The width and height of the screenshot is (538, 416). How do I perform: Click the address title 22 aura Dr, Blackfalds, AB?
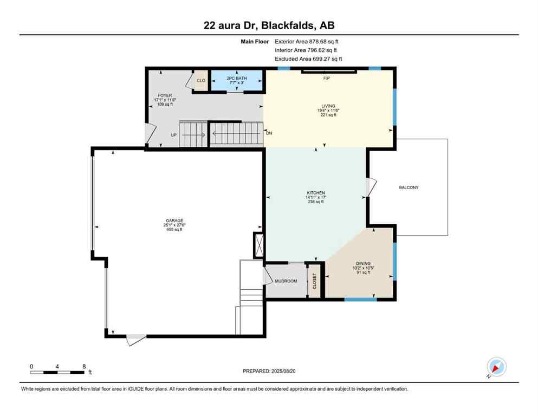[269, 25]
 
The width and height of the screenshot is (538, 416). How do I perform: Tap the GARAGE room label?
[174, 221]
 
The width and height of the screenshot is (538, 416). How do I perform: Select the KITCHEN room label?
[315, 193]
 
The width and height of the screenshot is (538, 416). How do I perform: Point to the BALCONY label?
[409, 187]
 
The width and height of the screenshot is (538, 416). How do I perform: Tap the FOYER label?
[164, 95]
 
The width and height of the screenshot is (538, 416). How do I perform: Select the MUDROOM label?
[286, 281]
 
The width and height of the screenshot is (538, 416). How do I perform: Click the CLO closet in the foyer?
[200, 81]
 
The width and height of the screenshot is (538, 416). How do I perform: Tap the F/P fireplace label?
[327, 79]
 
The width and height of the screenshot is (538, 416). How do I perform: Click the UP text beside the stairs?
[174, 135]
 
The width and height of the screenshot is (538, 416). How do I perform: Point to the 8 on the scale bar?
[83, 366]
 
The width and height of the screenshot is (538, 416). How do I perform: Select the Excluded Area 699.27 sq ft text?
[308, 59]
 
